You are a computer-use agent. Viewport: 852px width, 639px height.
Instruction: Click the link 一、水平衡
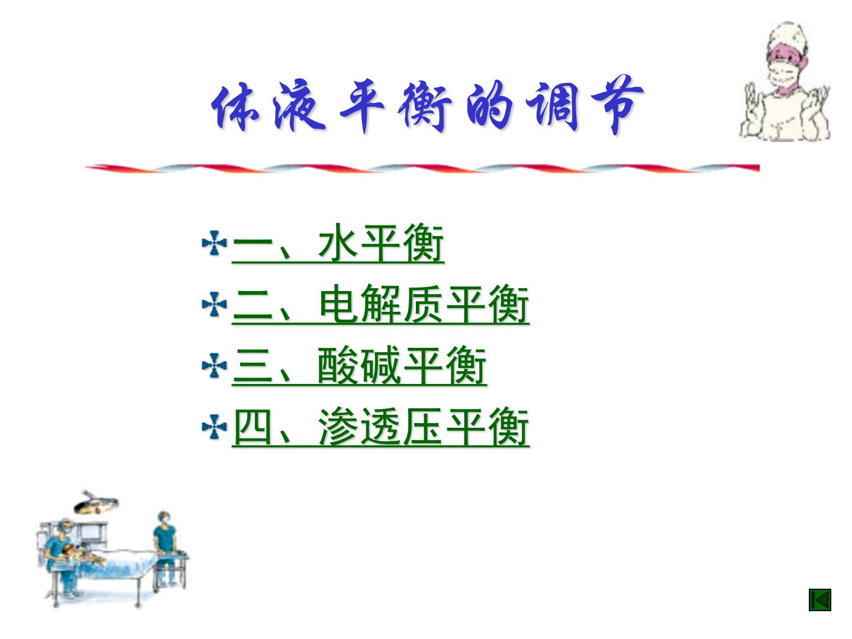(x=338, y=244)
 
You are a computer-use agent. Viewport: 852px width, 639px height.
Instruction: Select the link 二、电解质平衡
(x=380, y=305)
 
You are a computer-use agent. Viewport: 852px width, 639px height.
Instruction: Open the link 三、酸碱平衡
(x=359, y=366)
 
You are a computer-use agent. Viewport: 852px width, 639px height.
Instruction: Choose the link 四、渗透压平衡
(x=380, y=427)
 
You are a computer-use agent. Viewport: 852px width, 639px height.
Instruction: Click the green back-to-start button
(x=820, y=600)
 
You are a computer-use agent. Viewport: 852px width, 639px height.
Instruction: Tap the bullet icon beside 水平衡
(x=214, y=243)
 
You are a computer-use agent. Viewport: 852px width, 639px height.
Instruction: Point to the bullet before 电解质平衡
(x=214, y=305)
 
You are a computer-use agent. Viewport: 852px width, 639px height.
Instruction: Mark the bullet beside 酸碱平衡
(x=214, y=366)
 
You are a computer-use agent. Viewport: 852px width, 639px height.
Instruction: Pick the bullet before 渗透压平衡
(x=214, y=427)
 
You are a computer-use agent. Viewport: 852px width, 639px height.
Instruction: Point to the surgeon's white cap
(x=788, y=37)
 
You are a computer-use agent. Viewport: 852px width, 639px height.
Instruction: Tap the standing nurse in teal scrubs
(x=165, y=547)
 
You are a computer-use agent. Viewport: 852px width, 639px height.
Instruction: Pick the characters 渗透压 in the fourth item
(x=380, y=427)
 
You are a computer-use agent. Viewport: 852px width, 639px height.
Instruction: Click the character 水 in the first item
(x=338, y=243)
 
